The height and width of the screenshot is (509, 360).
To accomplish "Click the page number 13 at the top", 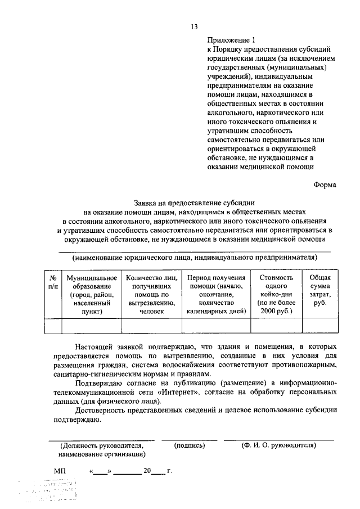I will click(194, 26).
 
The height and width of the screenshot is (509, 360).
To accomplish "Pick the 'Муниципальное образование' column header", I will click(92, 294).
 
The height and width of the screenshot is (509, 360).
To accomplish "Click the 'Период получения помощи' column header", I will click(217, 294).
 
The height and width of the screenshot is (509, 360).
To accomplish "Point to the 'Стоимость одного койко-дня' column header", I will click(276, 294).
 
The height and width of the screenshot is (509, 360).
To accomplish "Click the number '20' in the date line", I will click(147, 471).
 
